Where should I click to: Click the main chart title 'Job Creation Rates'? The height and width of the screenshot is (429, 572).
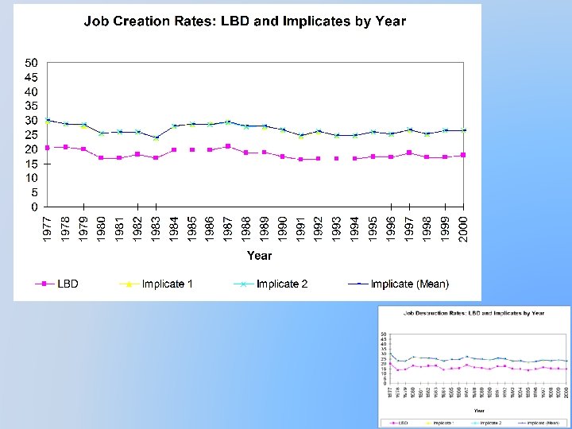(245, 21)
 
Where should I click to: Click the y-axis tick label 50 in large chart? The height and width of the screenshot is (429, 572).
(32, 63)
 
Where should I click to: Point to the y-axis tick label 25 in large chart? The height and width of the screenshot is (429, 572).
(32, 135)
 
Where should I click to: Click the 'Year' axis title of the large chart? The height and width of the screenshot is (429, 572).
(259, 256)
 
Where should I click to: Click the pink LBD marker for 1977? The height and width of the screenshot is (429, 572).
(48, 148)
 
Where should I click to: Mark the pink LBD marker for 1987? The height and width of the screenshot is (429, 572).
(228, 146)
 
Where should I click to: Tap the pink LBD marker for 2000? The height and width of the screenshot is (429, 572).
(463, 155)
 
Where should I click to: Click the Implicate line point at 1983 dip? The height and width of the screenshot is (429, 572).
(156, 138)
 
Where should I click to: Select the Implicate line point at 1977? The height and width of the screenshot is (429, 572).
(48, 120)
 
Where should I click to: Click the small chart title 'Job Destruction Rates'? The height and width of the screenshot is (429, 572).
(473, 314)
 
